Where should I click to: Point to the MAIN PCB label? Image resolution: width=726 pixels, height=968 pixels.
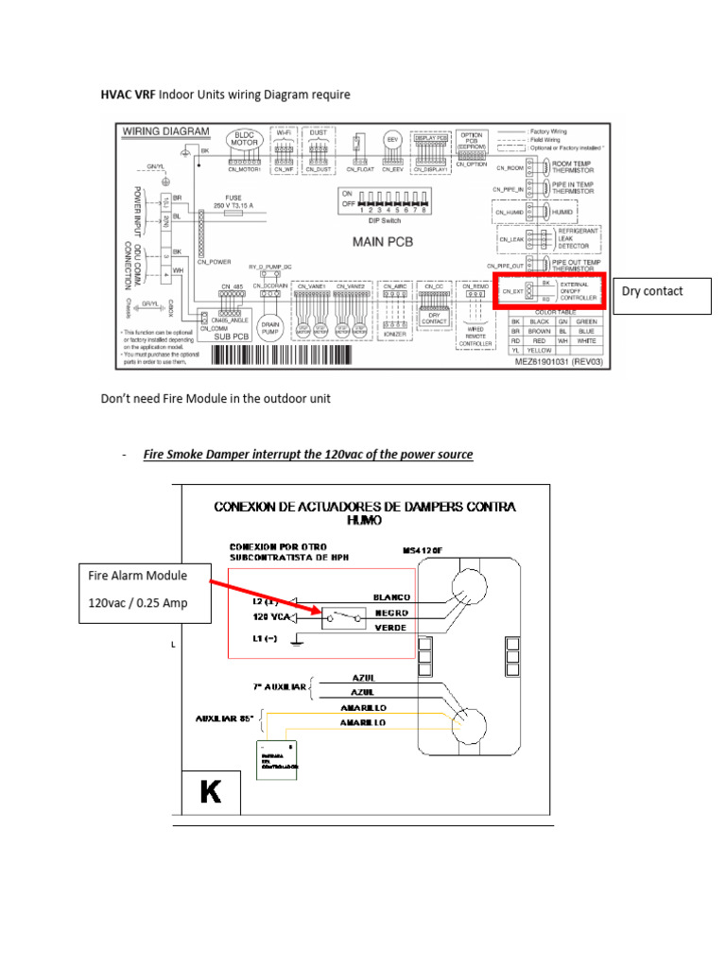point(382,241)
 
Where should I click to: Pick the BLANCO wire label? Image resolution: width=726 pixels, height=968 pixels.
point(391,597)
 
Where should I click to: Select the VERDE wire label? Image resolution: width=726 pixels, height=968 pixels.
point(390,628)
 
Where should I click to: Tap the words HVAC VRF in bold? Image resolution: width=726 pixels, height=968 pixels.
point(129,95)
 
